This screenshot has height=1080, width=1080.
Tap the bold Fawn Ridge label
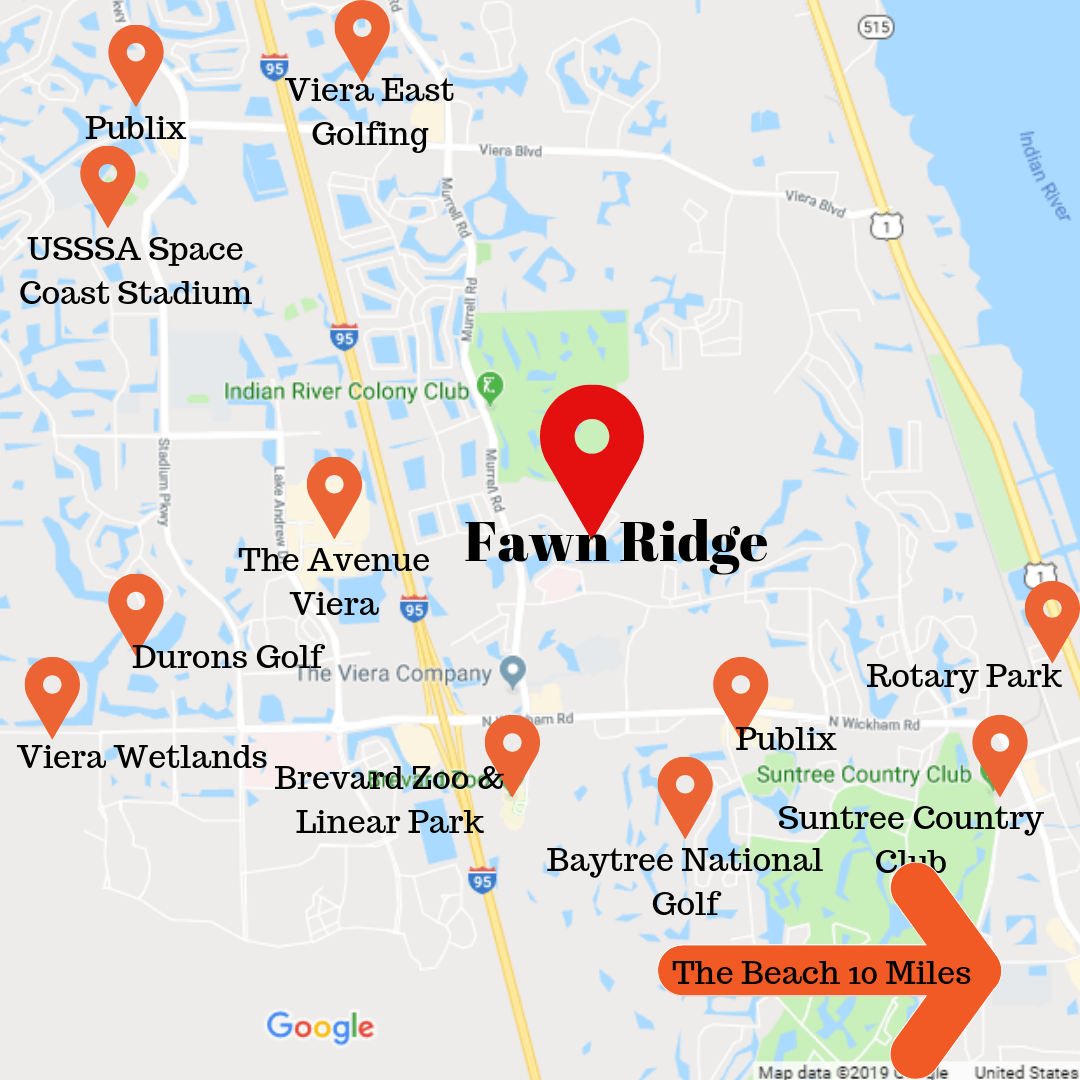[x=616, y=544]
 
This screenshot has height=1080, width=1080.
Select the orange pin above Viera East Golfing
[x=362, y=32]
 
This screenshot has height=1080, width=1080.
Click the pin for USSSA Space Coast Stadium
[x=108, y=178]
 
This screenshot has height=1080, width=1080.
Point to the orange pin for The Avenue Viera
[x=334, y=489]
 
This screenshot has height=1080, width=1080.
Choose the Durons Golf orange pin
[x=136, y=605]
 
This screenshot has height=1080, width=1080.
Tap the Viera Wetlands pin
[x=52, y=689]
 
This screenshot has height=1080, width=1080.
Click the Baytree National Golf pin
[x=685, y=789]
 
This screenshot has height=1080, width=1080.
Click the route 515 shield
[x=875, y=28]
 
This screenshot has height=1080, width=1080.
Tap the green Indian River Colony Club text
[x=346, y=391]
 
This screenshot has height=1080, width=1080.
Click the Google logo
[x=320, y=1027]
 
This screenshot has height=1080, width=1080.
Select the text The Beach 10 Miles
[x=821, y=973]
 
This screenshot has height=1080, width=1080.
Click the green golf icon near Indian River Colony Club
[x=489, y=386]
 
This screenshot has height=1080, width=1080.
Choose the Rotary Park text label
[x=963, y=676]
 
